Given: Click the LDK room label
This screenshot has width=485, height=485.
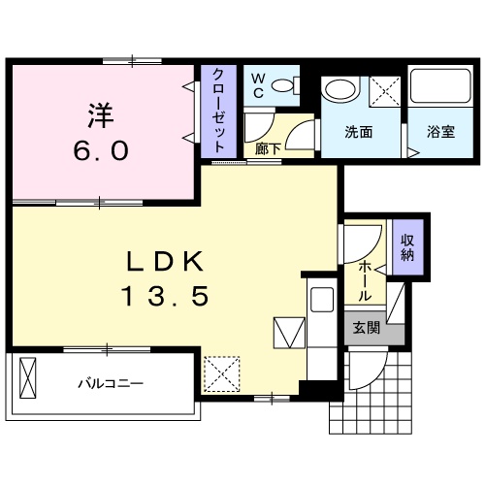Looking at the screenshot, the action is pyautogui.click(x=165, y=262).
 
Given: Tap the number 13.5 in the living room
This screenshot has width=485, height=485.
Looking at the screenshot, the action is pyautogui.click(x=165, y=297).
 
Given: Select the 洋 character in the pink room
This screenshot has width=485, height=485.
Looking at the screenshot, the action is pyautogui.click(x=101, y=115).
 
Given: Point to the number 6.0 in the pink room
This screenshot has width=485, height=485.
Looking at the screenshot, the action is pyautogui.click(x=101, y=150).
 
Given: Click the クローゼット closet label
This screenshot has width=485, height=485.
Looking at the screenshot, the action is pyautogui.click(x=218, y=111).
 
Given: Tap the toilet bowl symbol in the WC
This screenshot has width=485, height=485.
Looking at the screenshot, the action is pyautogui.click(x=285, y=85).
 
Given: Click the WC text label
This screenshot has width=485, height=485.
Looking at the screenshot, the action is pyautogui.click(x=258, y=85).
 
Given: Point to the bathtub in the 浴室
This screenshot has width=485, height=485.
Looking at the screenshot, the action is pyautogui.click(x=440, y=85).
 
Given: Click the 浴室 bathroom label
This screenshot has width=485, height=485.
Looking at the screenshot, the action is pyautogui.click(x=441, y=132).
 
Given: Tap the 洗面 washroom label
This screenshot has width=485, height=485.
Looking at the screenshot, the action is pyautogui.click(x=359, y=132).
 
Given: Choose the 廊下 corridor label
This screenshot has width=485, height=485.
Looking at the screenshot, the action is pyautogui.click(x=268, y=148).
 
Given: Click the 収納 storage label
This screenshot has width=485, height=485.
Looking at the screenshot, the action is pyautogui.click(x=407, y=247).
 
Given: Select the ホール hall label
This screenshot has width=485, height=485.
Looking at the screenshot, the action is pyautogui.click(x=365, y=280).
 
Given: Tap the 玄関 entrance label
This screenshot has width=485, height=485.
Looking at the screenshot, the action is pyautogui.click(x=366, y=328).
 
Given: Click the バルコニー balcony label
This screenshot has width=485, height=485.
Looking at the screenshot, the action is pyautogui.click(x=111, y=384).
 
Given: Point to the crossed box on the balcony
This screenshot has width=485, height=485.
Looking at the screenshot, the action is pyautogui.click(x=28, y=377).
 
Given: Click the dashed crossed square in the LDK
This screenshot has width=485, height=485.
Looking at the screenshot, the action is pyautogui.click(x=222, y=374).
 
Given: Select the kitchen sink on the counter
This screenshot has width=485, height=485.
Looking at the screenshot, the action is pyautogui.click(x=322, y=300).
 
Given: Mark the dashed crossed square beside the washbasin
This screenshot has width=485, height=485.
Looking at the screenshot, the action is pyautogui.click(x=385, y=91).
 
